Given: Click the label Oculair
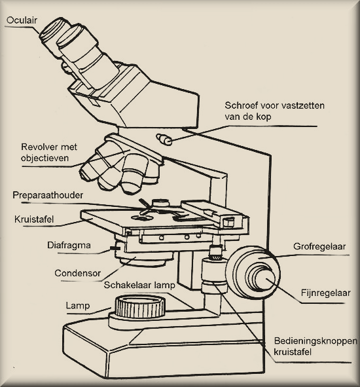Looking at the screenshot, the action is click(22, 20).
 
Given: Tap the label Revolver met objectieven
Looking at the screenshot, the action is click(49, 153).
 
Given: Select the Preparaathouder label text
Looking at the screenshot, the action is click(48, 196).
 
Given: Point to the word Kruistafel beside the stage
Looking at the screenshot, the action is click(34, 219).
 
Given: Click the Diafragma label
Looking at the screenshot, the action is click(69, 246).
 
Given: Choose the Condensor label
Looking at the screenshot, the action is click(77, 273).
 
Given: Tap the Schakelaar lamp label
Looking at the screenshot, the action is click(139, 285).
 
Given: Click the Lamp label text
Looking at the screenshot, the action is click(77, 306).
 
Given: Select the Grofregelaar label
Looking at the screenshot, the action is click(319, 246).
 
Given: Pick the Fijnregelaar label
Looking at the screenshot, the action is click(325, 293).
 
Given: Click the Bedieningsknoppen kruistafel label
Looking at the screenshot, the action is click(315, 346).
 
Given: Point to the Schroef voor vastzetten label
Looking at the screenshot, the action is click(274, 106).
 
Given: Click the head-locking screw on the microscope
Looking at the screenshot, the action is click(164, 139).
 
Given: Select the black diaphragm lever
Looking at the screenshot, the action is click(114, 248).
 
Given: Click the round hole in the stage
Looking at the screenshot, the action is click(141, 218).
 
